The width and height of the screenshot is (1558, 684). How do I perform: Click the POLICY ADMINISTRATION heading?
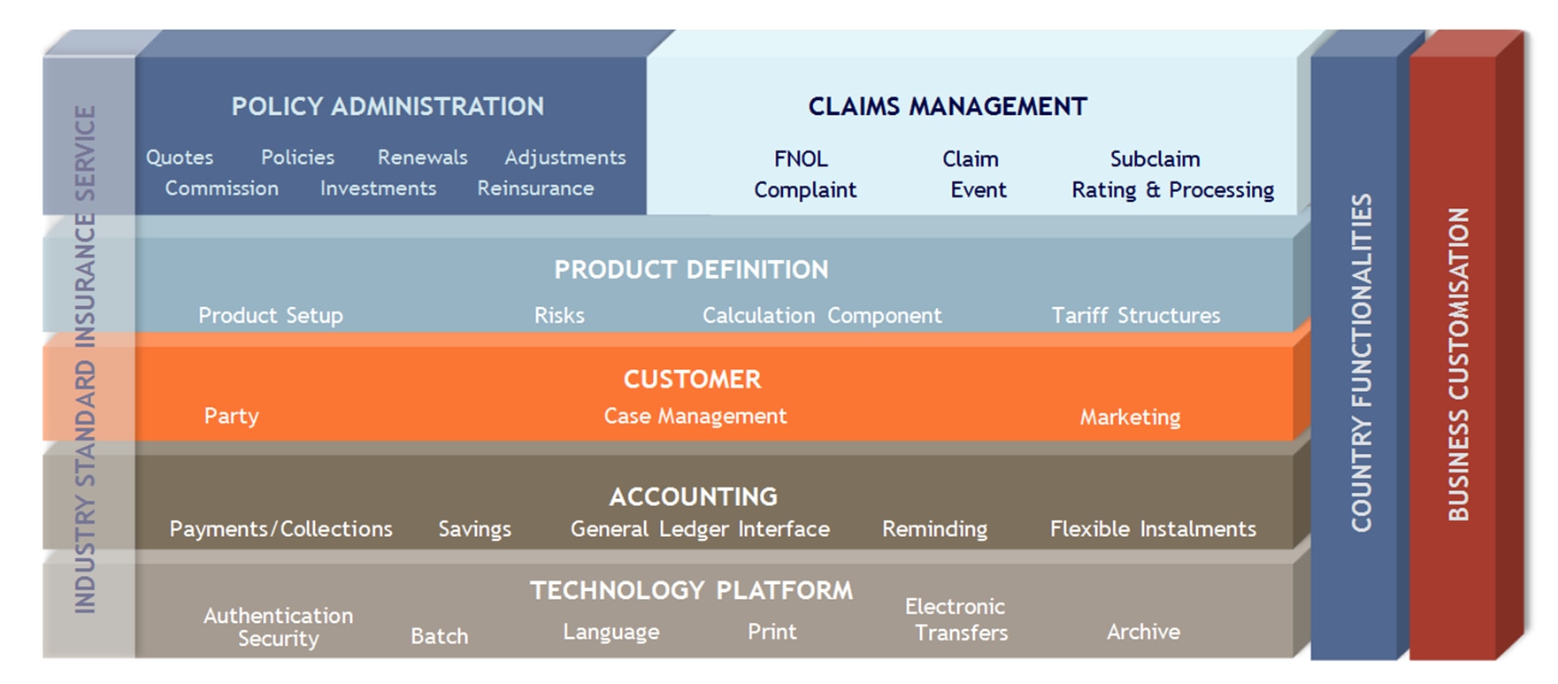pyautogui.click(x=388, y=107)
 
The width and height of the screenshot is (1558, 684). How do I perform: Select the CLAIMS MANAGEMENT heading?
pyautogui.click(x=948, y=107)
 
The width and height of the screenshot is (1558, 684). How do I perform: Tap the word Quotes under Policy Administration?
pyautogui.click(x=180, y=158)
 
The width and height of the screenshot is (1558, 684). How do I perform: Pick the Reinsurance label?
pyautogui.click(x=535, y=188)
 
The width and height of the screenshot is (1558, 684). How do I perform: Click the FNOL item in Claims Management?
pyautogui.click(x=801, y=159)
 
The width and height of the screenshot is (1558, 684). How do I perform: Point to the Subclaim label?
pyautogui.click(x=1155, y=159)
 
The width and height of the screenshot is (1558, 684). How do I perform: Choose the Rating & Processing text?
pyautogui.click(x=1172, y=190)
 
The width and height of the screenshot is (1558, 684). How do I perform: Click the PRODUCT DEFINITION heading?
pyautogui.click(x=691, y=270)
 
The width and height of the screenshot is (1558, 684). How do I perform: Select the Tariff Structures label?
pyautogui.click(x=1135, y=316)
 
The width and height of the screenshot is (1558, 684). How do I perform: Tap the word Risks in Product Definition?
pyautogui.click(x=559, y=316)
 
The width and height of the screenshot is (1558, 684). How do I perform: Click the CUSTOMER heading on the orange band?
pyautogui.click(x=692, y=380)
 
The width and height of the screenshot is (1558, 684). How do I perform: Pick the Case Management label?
pyautogui.click(x=695, y=417)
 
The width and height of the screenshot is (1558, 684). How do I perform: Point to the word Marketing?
pyautogui.click(x=1130, y=418)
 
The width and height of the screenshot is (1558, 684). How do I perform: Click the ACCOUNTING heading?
pyautogui.click(x=693, y=497)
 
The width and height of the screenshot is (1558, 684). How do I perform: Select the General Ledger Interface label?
pyautogui.click(x=700, y=529)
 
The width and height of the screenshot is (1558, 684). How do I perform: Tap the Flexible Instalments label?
pyautogui.click(x=1153, y=529)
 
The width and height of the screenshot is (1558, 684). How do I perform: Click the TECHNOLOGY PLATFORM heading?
pyautogui.click(x=691, y=591)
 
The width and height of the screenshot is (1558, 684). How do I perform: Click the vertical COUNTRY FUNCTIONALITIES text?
pyautogui.click(x=1362, y=363)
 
